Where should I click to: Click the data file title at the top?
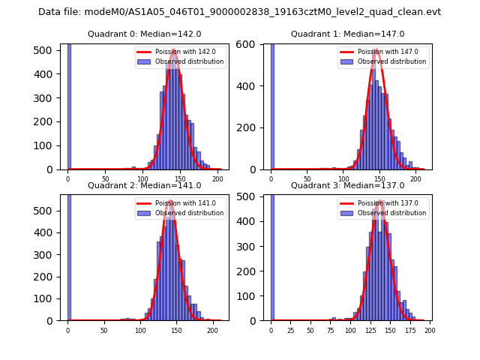pos(239,12)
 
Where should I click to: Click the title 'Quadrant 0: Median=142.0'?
pos(144,34)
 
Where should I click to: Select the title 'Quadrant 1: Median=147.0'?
pos(347,34)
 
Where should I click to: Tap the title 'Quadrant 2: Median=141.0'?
pos(144,185)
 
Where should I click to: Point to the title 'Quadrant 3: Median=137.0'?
pos(347,185)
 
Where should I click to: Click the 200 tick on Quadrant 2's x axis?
pos(213,330)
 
